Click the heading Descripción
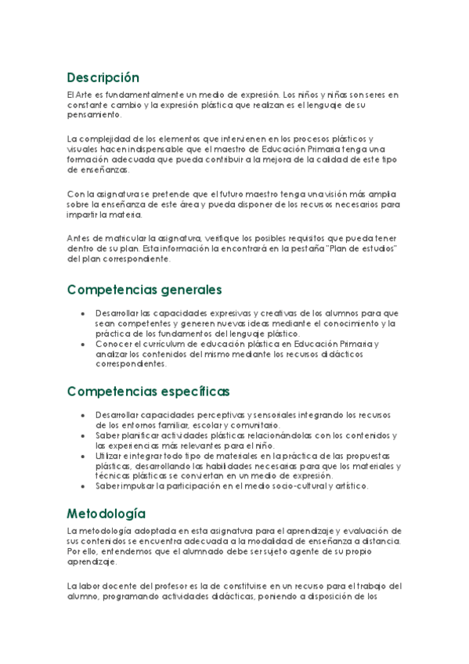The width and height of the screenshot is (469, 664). click(x=103, y=78)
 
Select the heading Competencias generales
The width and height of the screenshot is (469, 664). click(x=145, y=290)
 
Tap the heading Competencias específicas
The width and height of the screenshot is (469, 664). click(x=148, y=391)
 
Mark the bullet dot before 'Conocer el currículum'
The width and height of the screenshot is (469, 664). click(x=83, y=343)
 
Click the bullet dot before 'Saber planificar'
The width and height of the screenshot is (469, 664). click(x=83, y=435)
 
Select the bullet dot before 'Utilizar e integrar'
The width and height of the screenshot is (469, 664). click(x=83, y=455)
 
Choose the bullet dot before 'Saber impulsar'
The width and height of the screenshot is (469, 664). click(x=83, y=485)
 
